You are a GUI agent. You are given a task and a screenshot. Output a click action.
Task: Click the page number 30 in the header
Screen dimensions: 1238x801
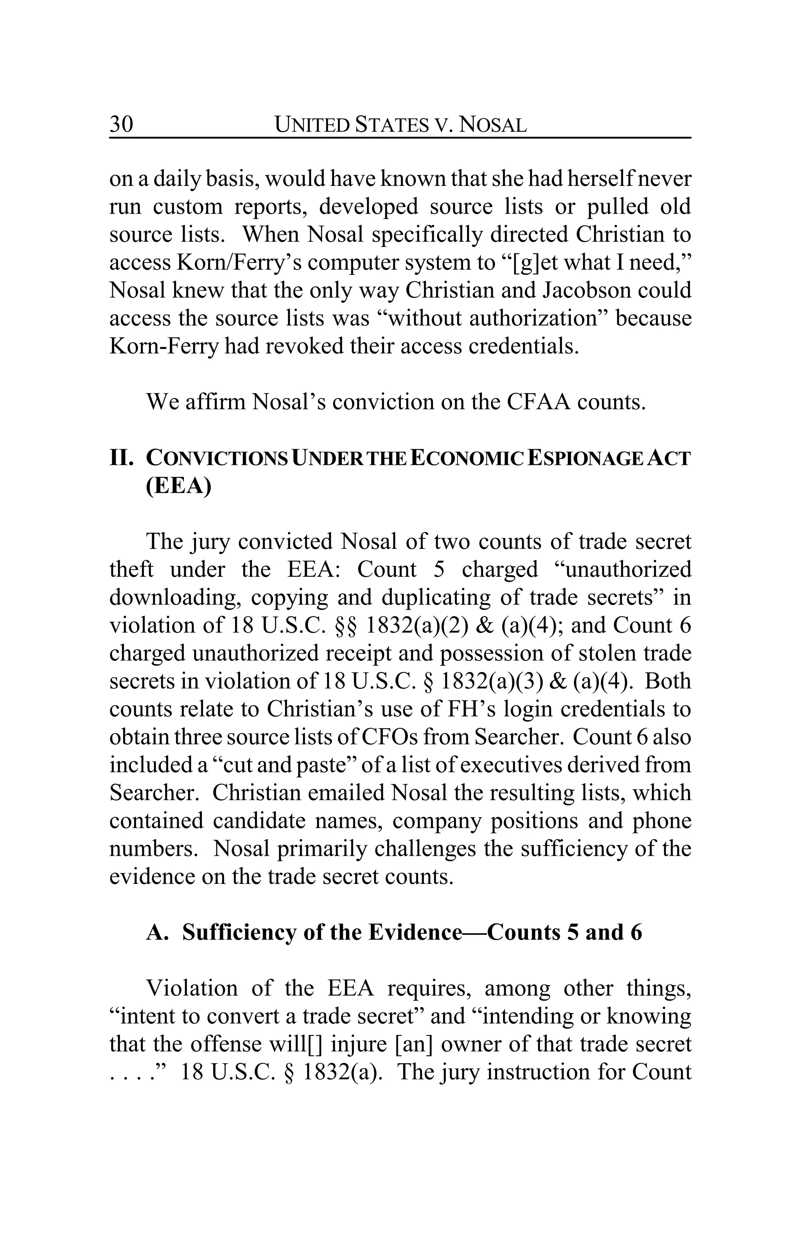121,124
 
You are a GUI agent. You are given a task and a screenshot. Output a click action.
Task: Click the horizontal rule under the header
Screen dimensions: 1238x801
400,138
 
